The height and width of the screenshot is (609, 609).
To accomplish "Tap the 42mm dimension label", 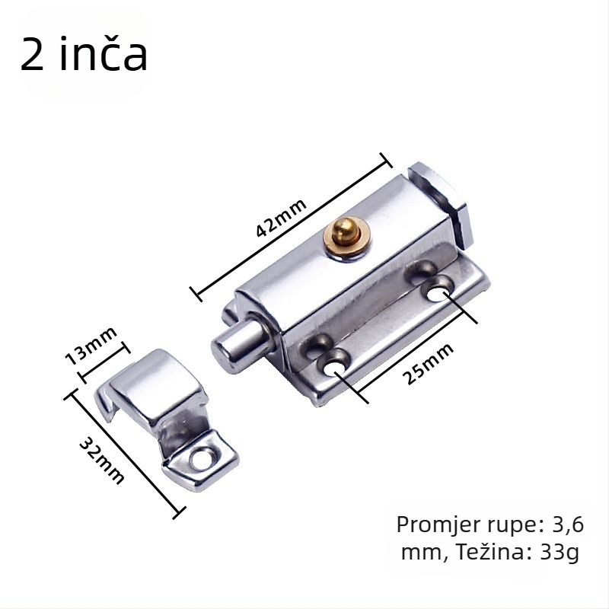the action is point(281,218).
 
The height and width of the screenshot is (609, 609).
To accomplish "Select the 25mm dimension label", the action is point(427,364).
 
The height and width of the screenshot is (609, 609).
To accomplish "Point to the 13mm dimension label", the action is point(91,346).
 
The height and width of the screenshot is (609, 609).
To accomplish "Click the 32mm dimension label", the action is point(102,461).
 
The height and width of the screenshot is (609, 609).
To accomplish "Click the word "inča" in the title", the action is point(104,54).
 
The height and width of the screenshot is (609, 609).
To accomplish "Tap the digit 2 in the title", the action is point(32,54).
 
